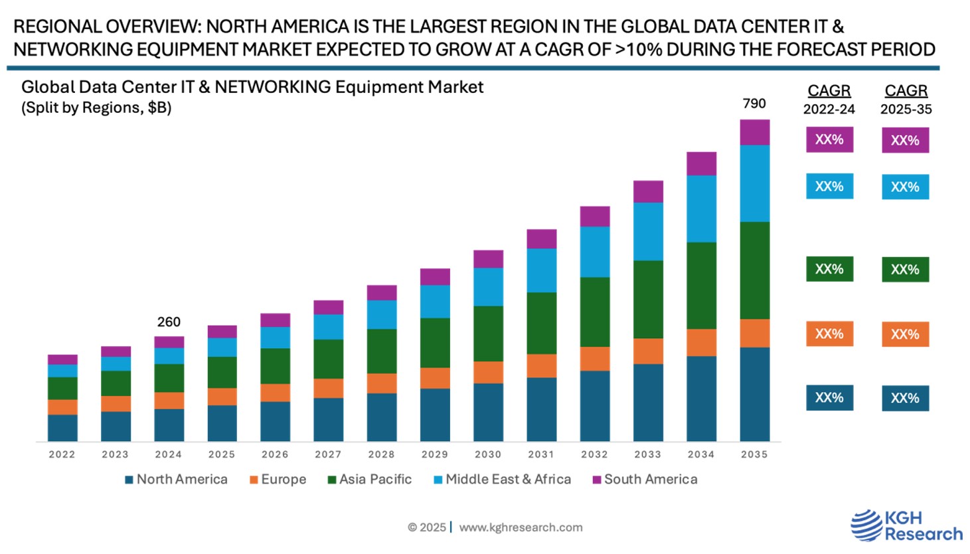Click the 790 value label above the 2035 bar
754,104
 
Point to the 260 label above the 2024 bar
169,322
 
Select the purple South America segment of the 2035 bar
755,132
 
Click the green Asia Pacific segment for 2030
488,333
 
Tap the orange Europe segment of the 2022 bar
62,407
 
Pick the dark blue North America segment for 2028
382,417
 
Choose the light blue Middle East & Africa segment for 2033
648,231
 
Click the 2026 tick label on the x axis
275,454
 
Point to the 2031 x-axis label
541,454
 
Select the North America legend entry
177,480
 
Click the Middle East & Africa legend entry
503,480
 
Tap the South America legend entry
645,480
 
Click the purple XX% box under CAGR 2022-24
829,140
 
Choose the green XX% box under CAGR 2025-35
905,270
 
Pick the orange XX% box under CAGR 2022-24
829,334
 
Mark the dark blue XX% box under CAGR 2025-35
905,399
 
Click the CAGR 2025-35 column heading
906,99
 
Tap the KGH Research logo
906,525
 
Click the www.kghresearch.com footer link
521,527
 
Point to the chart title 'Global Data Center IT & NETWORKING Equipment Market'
252,87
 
